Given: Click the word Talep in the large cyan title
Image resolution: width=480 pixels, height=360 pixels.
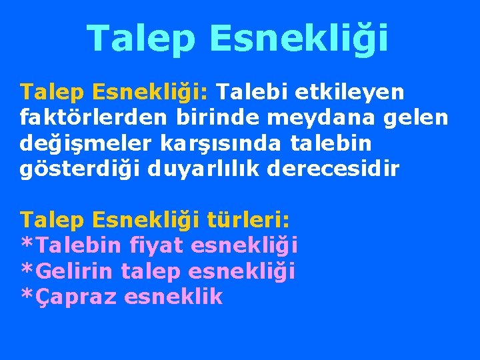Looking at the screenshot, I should point(141,38).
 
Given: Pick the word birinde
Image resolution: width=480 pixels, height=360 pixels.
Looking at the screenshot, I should point(218,119).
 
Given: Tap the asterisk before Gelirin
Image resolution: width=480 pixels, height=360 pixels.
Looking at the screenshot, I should point(27,269).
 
